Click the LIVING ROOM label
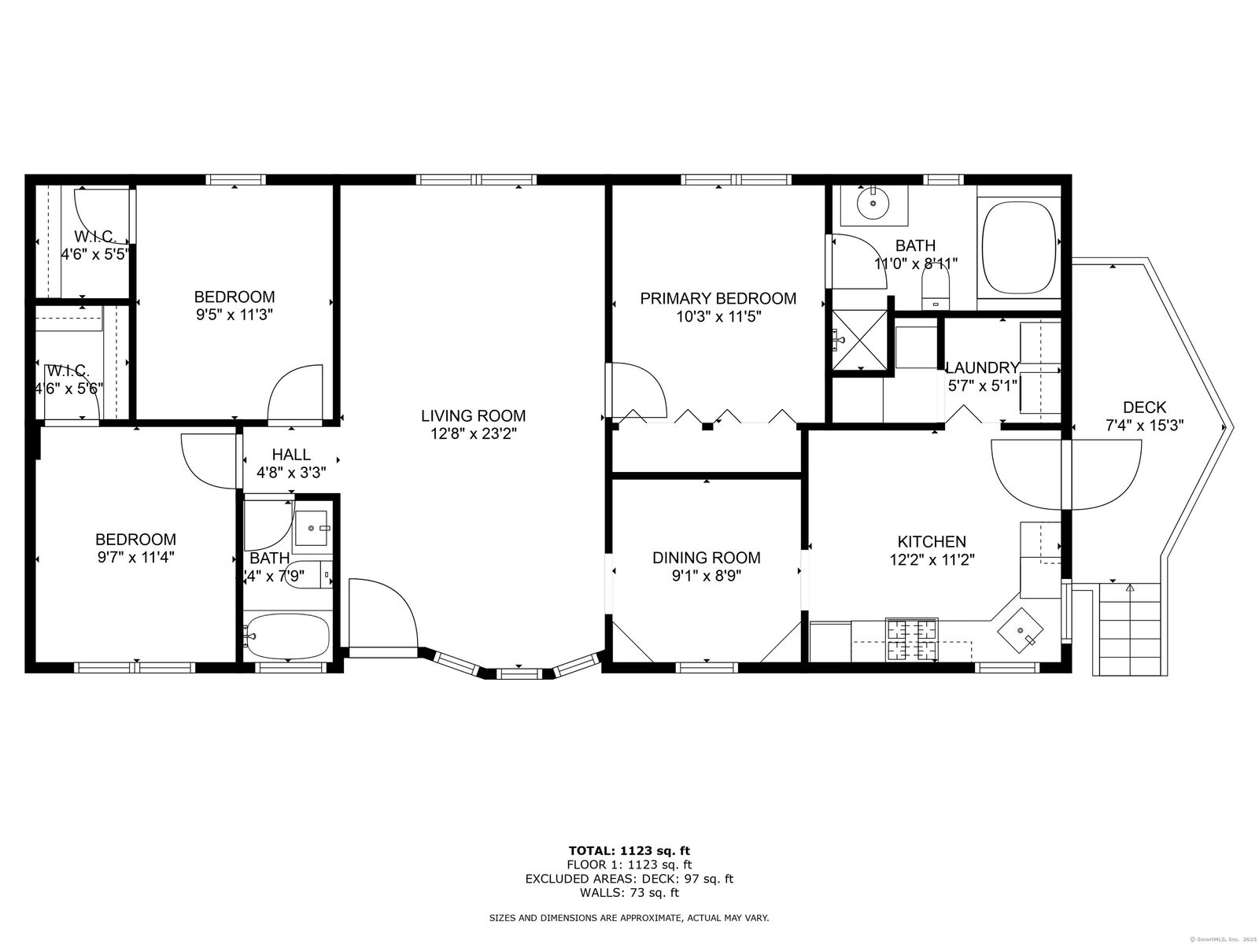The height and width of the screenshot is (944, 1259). click(x=473, y=415)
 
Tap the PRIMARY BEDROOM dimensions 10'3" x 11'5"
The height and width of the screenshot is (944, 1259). click(x=717, y=316)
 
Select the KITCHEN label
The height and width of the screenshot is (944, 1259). click(x=932, y=541)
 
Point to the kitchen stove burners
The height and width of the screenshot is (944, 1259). click(x=912, y=639)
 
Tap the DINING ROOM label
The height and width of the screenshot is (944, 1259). click(x=706, y=558)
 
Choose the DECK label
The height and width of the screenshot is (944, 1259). click(x=1144, y=407)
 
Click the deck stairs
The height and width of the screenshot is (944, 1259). click(x=1129, y=629)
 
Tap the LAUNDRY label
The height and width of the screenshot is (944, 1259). click(x=982, y=367)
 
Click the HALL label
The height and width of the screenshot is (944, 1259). click(x=291, y=455)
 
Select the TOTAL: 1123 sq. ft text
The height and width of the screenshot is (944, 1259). click(x=629, y=850)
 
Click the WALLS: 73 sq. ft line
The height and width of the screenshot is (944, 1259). click(x=629, y=893)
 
